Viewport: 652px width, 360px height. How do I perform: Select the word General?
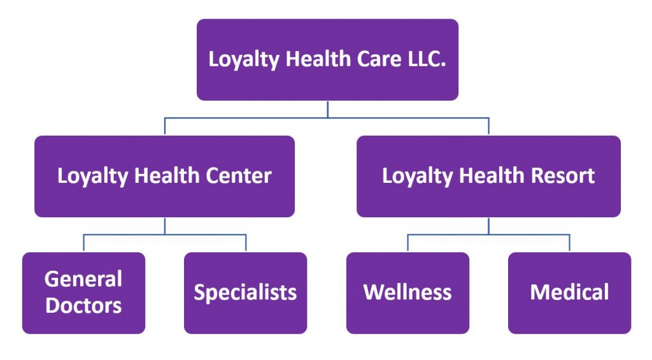point(83,279)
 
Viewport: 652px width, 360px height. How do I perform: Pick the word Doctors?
point(83,305)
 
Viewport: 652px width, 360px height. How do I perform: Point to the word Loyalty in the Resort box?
point(412,176)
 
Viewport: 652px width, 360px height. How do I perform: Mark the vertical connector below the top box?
point(327,109)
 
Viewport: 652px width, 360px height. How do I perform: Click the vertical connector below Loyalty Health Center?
point(165,226)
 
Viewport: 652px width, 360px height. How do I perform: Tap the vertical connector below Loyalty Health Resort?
point(489,226)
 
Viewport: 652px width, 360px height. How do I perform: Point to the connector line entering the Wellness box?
point(408,243)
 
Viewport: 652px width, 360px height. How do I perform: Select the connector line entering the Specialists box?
point(246,243)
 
